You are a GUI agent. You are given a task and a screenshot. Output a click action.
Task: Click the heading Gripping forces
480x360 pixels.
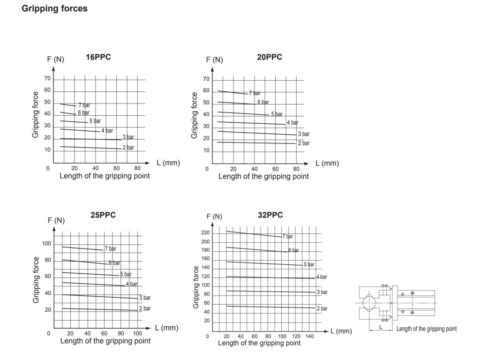[54, 9]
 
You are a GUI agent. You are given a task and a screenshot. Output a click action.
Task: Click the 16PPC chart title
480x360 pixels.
[98, 58]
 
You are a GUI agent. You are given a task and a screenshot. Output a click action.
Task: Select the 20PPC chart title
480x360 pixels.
[270, 57]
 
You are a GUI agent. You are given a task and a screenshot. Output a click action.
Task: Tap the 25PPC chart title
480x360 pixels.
[103, 215]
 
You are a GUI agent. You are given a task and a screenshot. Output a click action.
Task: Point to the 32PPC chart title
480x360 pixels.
[270, 215]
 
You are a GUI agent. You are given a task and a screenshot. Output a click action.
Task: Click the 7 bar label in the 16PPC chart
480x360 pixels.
[84, 105]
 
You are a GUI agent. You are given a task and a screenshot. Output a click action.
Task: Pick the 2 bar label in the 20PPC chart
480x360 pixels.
[304, 143]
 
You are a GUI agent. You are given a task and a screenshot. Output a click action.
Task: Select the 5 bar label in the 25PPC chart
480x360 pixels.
[126, 274]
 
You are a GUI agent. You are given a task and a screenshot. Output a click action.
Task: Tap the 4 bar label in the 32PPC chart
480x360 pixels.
[322, 277]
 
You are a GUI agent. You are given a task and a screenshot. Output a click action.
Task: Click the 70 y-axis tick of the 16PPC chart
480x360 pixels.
[47, 78]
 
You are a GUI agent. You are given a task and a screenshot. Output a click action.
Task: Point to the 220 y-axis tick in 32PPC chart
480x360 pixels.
[205, 233]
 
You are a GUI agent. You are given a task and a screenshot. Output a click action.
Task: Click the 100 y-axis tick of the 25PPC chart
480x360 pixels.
[46, 243]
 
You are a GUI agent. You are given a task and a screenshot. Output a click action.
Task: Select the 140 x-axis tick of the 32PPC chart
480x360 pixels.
[310, 337]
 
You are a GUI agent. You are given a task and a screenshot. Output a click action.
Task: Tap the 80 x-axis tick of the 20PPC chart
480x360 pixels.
[296, 169]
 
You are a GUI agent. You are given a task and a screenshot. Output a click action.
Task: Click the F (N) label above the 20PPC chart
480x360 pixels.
[214, 60]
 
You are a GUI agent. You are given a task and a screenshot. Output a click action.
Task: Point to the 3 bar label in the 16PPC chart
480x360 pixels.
[128, 137]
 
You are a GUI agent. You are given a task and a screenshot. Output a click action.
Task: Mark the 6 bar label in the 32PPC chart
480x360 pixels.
[293, 250]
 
